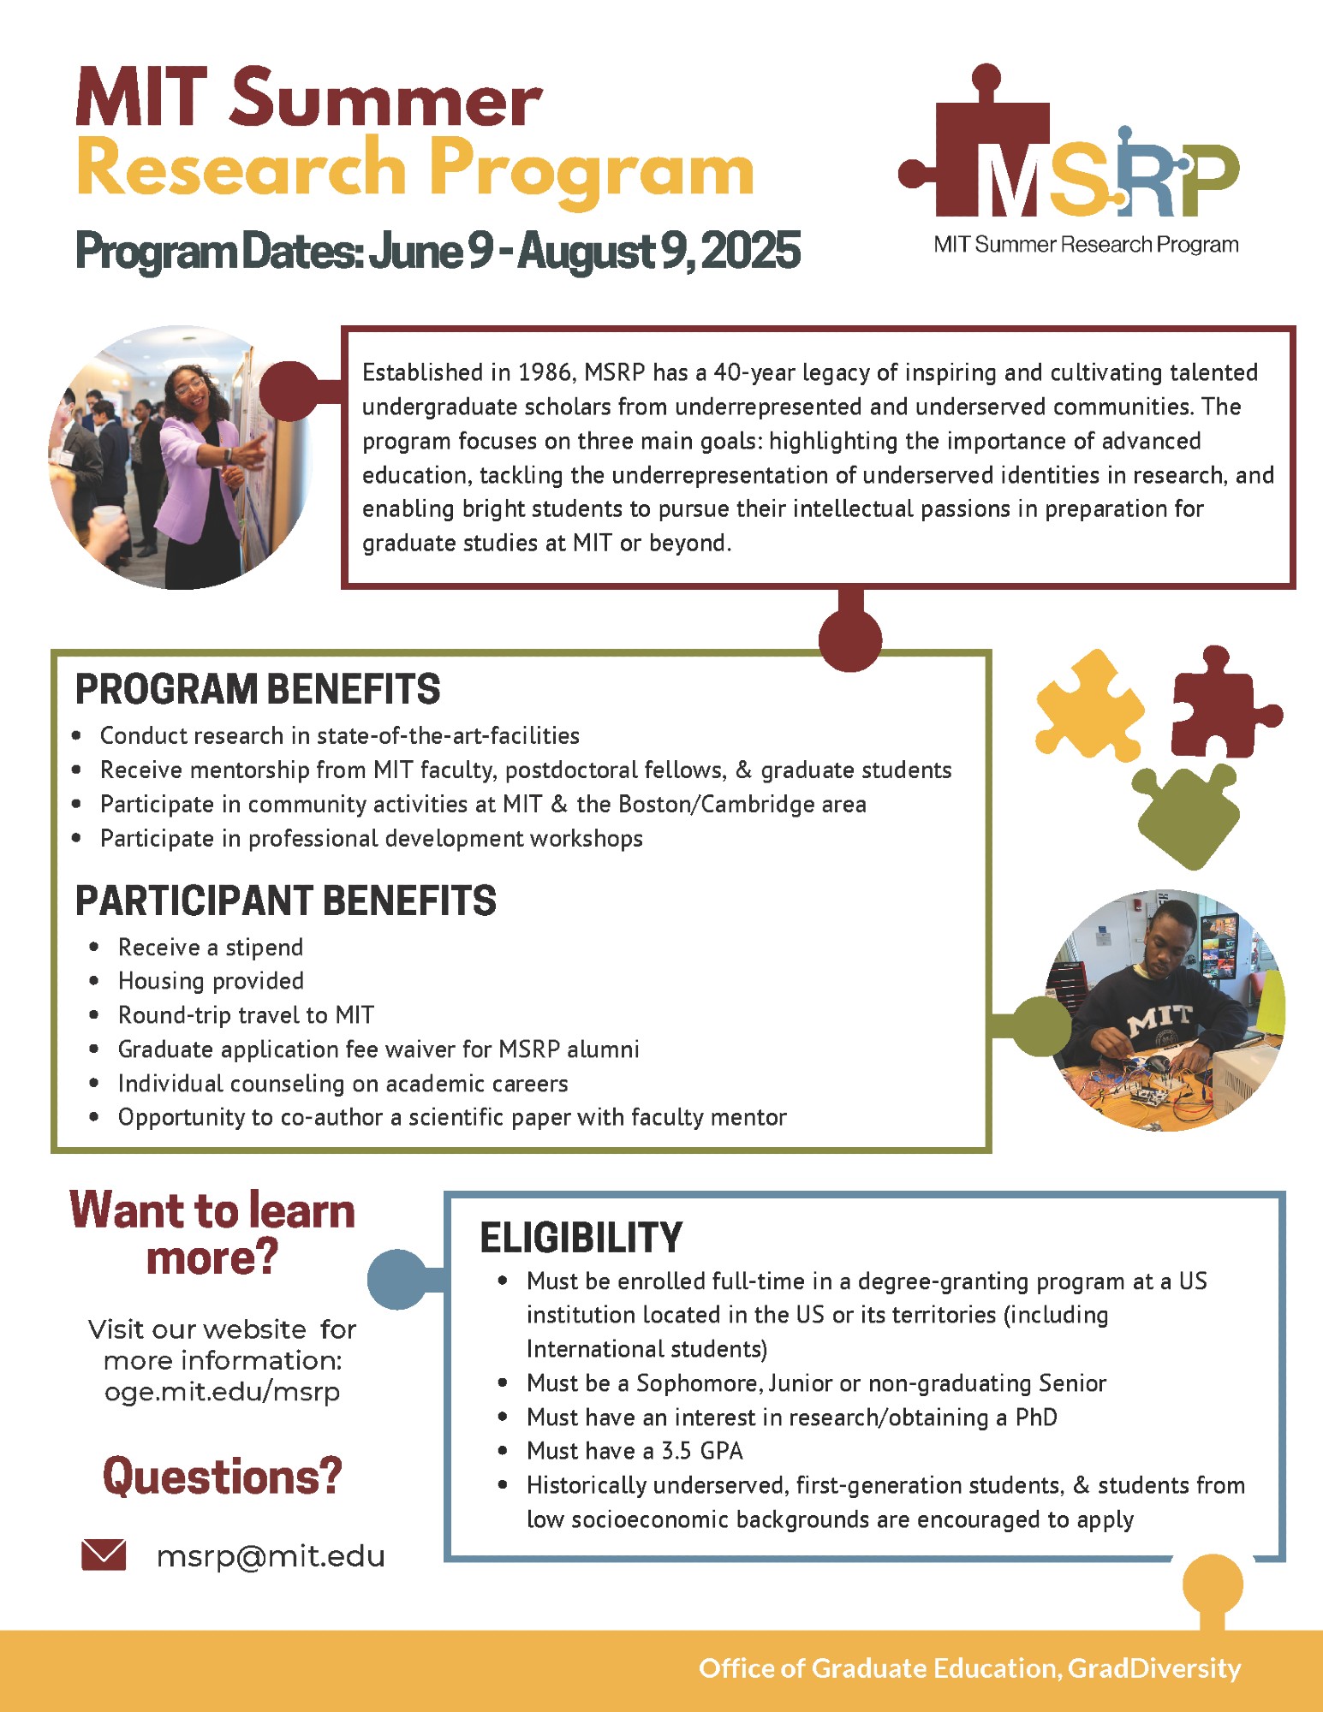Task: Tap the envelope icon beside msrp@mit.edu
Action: click(104, 1554)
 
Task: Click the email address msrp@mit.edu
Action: click(271, 1555)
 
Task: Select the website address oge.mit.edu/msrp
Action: click(222, 1392)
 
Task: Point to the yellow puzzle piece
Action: click(1088, 704)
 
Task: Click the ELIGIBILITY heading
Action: click(581, 1238)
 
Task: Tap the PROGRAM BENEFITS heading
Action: click(258, 689)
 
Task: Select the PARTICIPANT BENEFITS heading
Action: click(286, 901)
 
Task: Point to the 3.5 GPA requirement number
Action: click(678, 1451)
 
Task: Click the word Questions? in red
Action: click(222, 1476)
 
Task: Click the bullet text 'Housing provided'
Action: click(211, 980)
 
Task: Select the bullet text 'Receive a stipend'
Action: click(211, 947)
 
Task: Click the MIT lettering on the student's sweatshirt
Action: click(1160, 1019)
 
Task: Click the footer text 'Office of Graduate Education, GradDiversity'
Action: click(969, 1668)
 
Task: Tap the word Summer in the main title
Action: click(385, 99)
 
